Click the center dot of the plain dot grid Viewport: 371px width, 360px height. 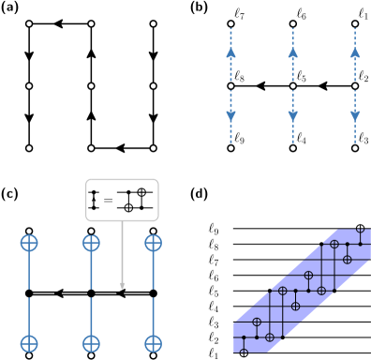(x=91, y=86)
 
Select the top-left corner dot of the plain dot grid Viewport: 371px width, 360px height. (x=29, y=24)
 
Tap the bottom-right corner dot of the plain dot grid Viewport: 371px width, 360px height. (x=153, y=148)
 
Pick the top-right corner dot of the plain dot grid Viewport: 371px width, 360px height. (x=153, y=24)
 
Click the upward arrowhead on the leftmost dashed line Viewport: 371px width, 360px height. (x=230, y=53)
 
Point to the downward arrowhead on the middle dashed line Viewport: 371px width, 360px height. (x=292, y=116)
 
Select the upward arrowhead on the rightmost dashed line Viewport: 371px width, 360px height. (x=355, y=53)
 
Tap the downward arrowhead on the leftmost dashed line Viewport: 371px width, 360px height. (x=230, y=116)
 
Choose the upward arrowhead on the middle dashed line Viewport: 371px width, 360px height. (x=292, y=53)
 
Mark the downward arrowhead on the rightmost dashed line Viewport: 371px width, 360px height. (x=355, y=116)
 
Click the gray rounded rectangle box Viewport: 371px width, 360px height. (x=122, y=200)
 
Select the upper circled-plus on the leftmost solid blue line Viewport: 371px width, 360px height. (x=29, y=243)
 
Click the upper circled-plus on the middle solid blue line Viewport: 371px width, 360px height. (x=91, y=243)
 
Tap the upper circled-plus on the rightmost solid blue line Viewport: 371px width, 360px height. (x=153, y=243)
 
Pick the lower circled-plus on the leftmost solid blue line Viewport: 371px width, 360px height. (x=29, y=343)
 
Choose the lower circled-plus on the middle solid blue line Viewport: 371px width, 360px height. (x=91, y=343)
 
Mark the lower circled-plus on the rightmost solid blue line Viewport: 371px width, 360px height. (x=153, y=343)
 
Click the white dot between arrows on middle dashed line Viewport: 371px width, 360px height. (x=292, y=86)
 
